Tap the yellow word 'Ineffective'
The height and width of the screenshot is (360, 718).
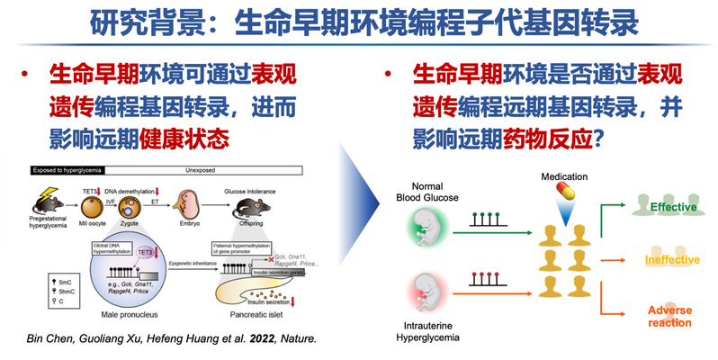click(x=670, y=261)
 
